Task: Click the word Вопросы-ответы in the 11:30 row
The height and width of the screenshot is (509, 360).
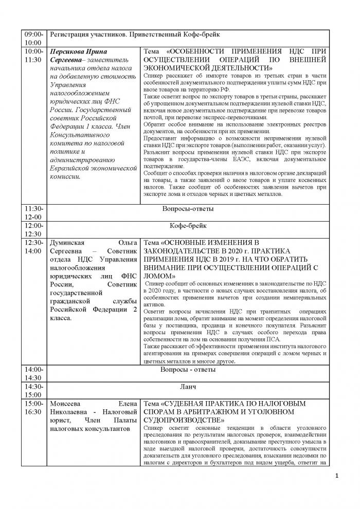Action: [188, 209]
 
